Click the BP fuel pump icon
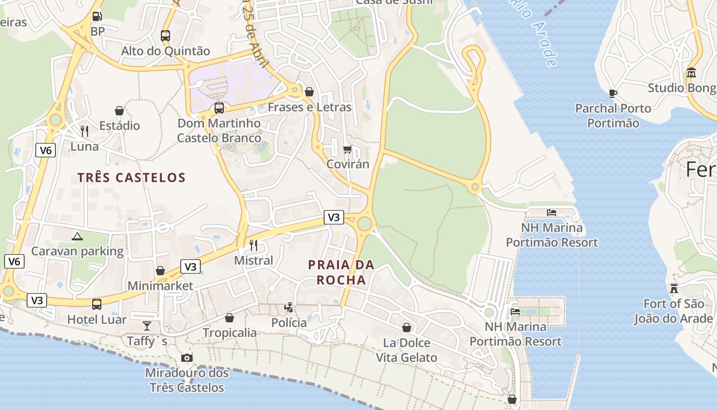(x=97, y=16)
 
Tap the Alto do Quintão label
(x=165, y=51)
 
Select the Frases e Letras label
(x=310, y=107)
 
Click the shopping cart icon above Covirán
(x=348, y=149)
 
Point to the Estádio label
(x=119, y=126)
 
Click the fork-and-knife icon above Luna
(x=85, y=131)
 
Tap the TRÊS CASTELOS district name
(x=131, y=178)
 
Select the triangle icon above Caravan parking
(x=77, y=236)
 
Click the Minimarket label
(x=160, y=285)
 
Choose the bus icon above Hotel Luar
(x=97, y=304)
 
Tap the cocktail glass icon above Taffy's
(x=147, y=325)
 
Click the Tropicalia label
(x=229, y=333)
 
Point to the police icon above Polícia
(x=289, y=307)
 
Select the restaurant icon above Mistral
(x=253, y=245)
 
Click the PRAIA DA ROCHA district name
(x=341, y=272)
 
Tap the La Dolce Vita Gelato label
(x=407, y=350)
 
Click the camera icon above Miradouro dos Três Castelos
(x=187, y=358)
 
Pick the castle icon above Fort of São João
(x=674, y=289)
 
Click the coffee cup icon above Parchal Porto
(x=613, y=93)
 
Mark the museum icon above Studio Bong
(x=691, y=73)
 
